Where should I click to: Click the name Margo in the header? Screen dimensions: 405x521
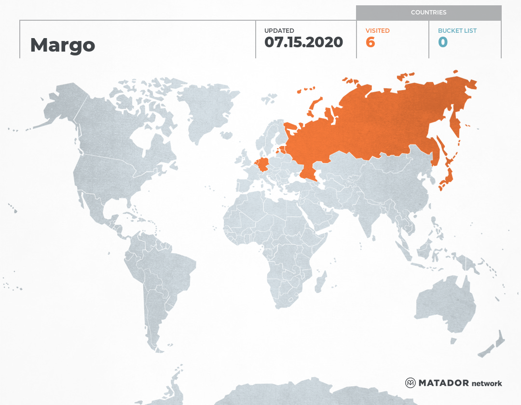(63, 45)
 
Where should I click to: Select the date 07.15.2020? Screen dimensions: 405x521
(303, 42)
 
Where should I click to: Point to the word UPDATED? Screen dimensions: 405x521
(279, 31)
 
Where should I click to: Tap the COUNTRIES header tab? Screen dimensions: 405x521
(428, 13)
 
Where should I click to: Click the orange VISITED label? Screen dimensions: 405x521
(378, 31)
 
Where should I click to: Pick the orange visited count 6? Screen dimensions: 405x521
(370, 42)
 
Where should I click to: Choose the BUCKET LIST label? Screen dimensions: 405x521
(457, 31)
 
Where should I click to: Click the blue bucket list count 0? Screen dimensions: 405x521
(443, 42)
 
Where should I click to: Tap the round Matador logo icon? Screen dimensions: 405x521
(411, 383)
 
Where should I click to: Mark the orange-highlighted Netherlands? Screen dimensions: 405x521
(256, 160)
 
